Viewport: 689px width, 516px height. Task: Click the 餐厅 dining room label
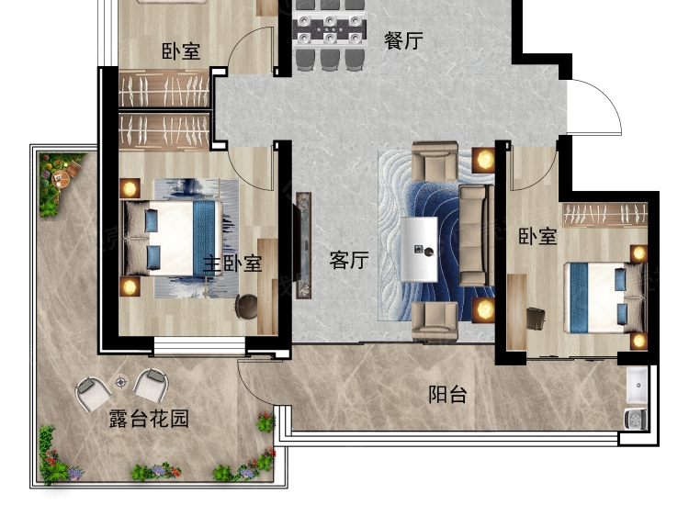pos(403,40)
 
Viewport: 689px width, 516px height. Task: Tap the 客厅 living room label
pos(349,261)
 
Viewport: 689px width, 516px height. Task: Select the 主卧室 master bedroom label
pos(232,264)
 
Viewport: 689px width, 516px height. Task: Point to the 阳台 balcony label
pos(447,395)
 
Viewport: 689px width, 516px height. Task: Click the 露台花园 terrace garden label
pos(149,420)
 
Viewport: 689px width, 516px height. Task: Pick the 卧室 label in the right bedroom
pos(537,236)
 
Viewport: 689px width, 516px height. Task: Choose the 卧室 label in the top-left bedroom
pos(181,51)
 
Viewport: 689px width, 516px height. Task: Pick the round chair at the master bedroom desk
pos(247,305)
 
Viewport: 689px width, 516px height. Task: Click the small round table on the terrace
pos(120,382)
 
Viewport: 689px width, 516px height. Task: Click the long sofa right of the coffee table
pos(474,235)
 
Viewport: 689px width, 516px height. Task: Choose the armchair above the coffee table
pos(435,163)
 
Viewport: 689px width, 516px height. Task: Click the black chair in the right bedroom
pos(536,318)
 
